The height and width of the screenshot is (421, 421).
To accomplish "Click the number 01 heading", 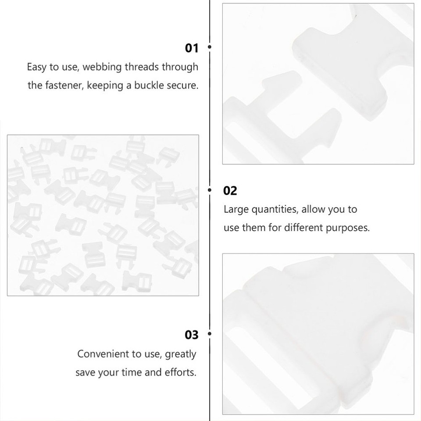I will tap(192, 48).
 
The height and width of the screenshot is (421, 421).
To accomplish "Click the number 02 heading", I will tap(230, 191).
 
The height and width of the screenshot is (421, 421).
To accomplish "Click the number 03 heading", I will tap(192, 335).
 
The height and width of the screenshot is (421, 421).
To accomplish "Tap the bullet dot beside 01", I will tap(210, 46).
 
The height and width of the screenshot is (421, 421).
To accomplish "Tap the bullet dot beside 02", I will tap(210, 189).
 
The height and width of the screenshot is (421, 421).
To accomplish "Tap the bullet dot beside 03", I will tap(210, 334).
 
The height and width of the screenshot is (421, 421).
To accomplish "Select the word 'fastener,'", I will tap(64, 86).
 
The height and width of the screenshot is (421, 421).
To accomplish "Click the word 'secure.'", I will tap(182, 86).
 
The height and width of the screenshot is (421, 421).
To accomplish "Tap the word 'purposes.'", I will tap(348, 228).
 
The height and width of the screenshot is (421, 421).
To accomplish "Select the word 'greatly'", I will tap(181, 354).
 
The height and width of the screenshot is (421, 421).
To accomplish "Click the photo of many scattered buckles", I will tap(103, 215).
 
